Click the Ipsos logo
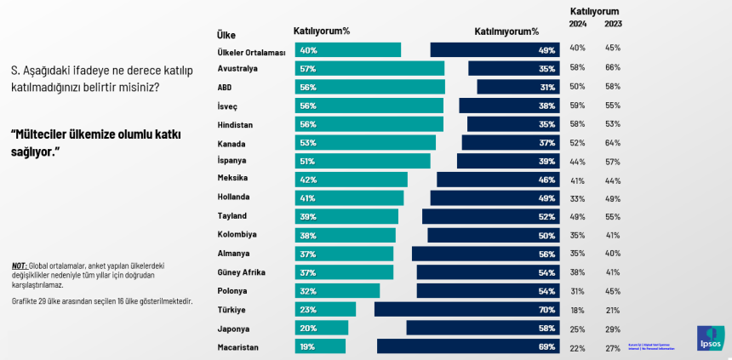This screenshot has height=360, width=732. point(711,339)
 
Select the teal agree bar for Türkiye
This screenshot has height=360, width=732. point(325,309)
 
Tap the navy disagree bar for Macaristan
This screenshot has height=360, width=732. point(468,346)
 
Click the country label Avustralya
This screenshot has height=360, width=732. point(237,68)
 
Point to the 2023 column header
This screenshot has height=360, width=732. point(613,24)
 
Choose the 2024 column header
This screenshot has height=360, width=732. point(578,24)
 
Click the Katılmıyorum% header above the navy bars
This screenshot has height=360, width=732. point(506,31)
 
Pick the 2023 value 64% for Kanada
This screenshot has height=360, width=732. point(613,142)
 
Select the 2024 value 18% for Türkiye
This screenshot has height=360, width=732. point(578,309)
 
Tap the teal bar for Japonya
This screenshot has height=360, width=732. point(322,328)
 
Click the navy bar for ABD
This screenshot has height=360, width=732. point(518,87)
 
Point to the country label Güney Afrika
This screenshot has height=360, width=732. point(243,272)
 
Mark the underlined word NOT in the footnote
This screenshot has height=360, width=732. point(19,265)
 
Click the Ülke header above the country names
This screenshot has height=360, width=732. point(226,35)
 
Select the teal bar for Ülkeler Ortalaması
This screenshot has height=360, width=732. point(348,50)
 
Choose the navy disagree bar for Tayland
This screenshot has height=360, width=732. point(490,216)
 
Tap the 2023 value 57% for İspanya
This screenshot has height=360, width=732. point(613,161)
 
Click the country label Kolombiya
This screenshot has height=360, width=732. point(237,235)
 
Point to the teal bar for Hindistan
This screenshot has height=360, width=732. point(369,124)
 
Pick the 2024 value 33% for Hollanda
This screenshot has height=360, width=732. point(578,197)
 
